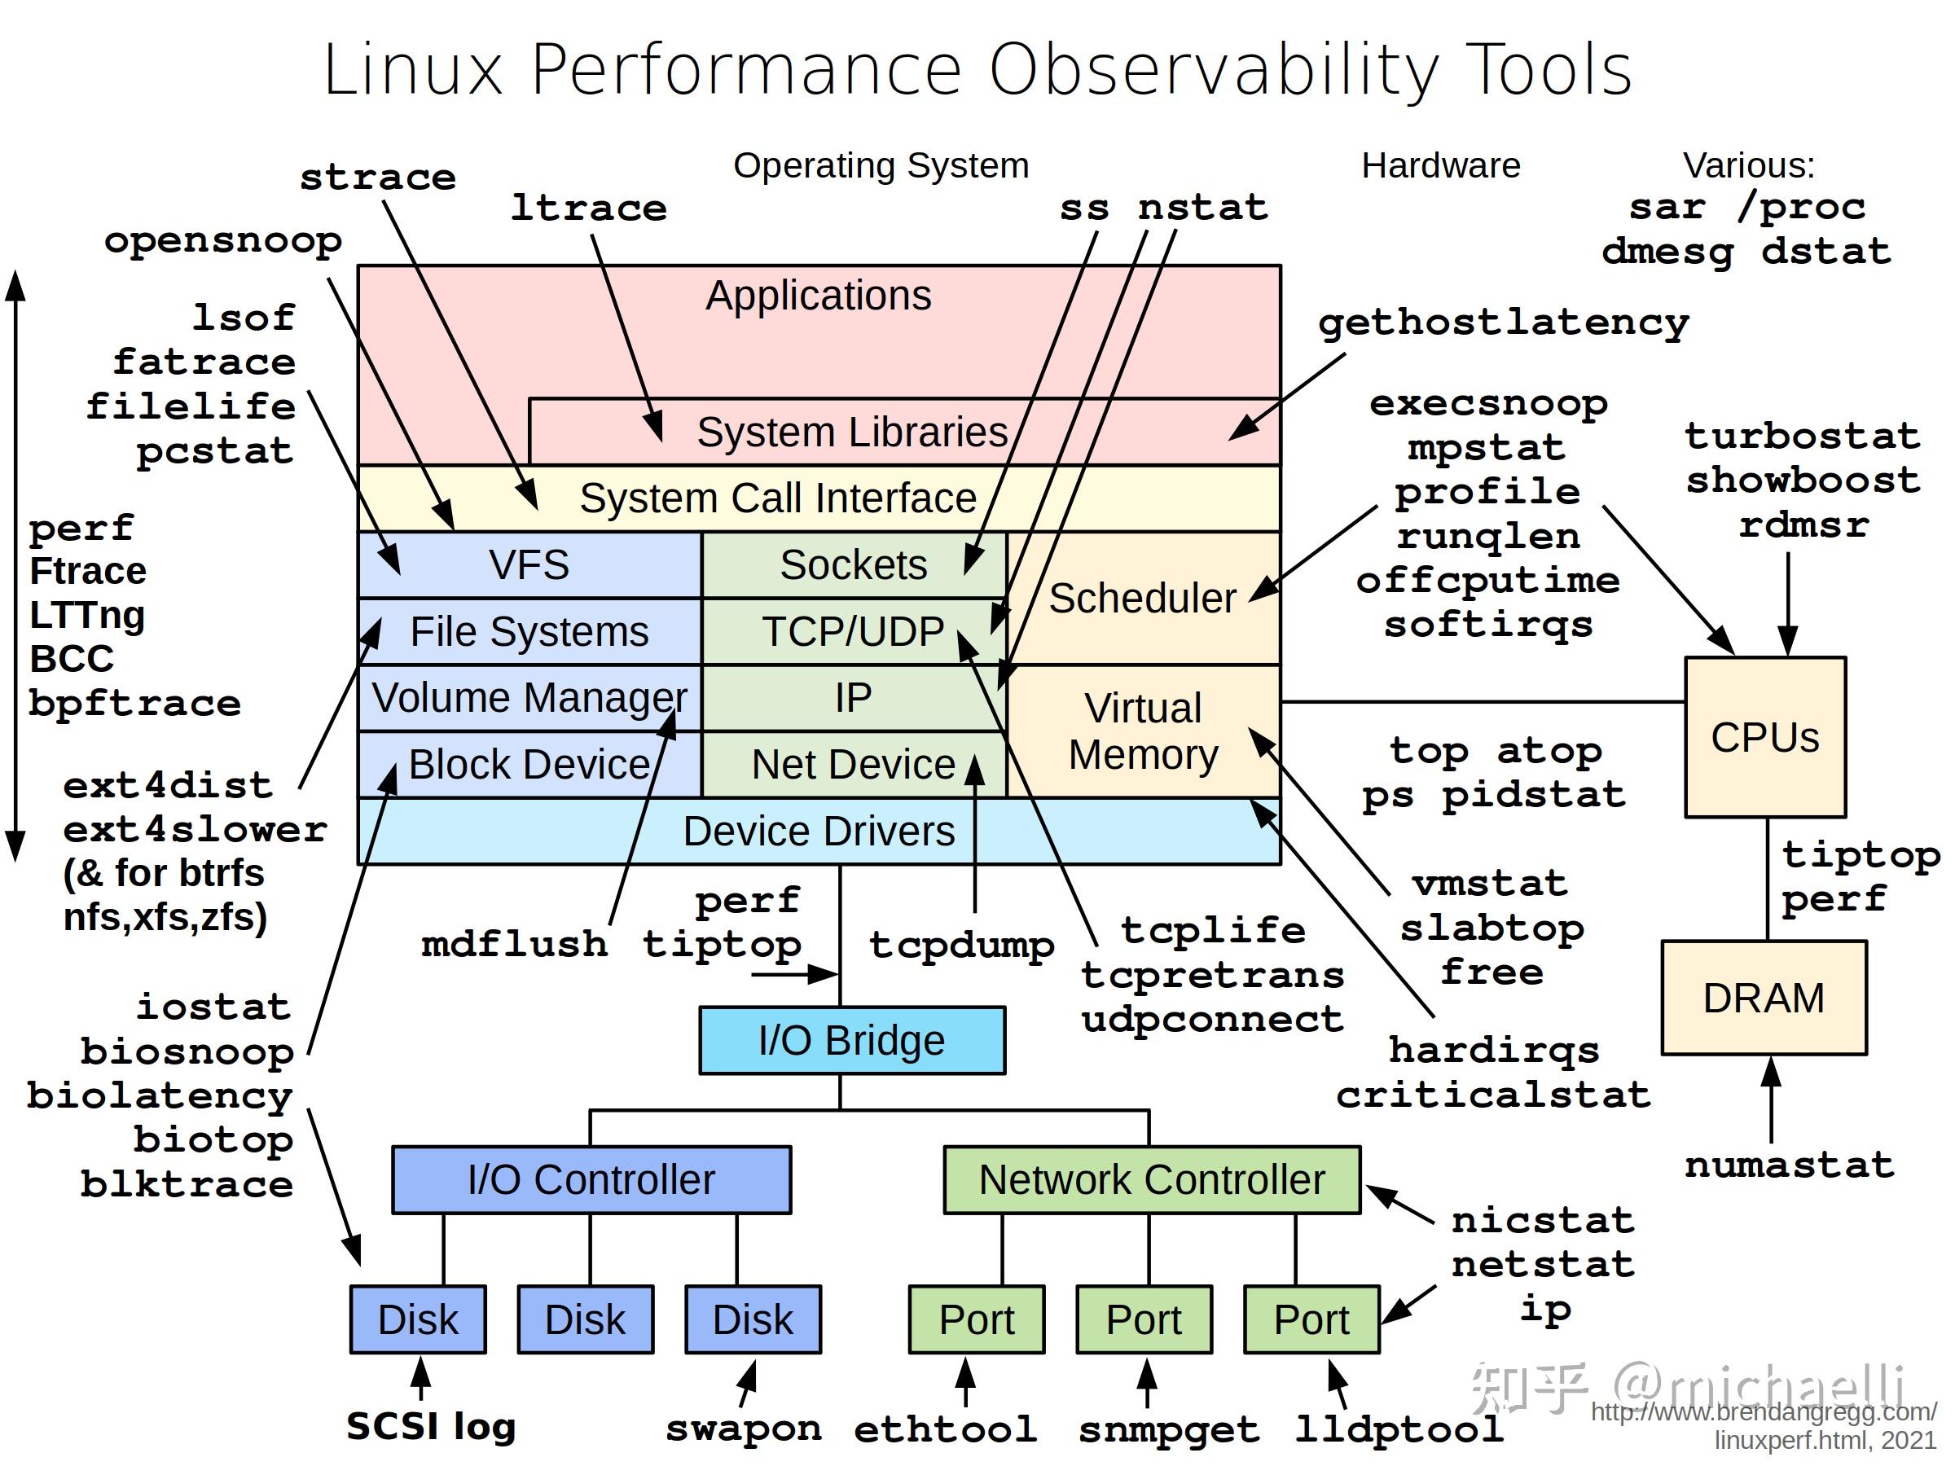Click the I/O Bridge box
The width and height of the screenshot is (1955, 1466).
tap(851, 1040)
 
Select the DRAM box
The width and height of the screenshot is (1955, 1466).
tap(1764, 998)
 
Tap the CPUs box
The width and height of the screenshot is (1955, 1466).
tap(1764, 737)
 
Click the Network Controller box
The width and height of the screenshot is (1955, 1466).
tap(1151, 1179)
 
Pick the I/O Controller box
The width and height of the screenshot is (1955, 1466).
tap(591, 1179)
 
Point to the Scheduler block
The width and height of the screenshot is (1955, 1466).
tap(1143, 599)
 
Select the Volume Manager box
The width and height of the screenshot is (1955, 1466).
tap(529, 697)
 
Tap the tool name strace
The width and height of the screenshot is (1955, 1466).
tap(377, 178)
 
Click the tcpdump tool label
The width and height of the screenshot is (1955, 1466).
tap(961, 945)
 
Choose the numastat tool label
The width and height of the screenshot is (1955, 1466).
tap(1789, 1165)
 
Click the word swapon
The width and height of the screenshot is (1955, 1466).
tap(743, 1428)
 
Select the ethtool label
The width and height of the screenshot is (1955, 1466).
tap(945, 1428)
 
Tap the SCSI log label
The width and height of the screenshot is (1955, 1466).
tap(430, 1426)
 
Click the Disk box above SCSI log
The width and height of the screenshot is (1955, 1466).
tap(417, 1319)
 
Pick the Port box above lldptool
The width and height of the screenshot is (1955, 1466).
tap(1311, 1319)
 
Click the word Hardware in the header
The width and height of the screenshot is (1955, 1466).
tap(1441, 165)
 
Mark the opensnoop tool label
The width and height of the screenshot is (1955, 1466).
tap(222, 240)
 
